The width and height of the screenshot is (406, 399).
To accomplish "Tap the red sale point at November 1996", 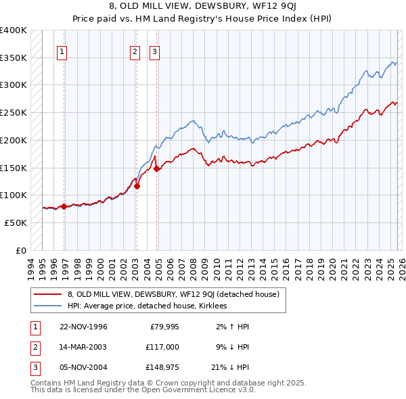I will [64, 206].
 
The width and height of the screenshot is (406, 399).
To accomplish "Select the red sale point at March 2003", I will [137, 186].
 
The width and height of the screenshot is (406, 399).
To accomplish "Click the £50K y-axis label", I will [15, 222].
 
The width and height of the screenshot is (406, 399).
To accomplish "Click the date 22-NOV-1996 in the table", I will [83, 327].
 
